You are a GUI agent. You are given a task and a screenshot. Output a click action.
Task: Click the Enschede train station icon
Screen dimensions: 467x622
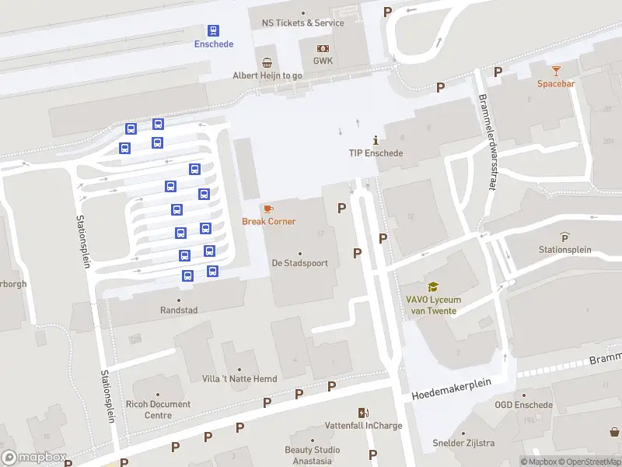click(x=213, y=30)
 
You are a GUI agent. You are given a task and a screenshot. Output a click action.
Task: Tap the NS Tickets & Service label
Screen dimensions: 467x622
click(x=303, y=23)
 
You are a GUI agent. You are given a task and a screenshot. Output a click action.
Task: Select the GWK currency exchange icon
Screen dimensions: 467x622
click(x=323, y=48)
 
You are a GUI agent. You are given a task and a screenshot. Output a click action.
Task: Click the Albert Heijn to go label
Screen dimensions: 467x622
click(x=267, y=75)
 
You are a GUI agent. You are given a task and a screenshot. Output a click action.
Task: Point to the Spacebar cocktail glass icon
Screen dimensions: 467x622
click(x=556, y=71)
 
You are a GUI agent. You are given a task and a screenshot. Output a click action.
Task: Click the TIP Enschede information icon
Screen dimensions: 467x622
click(x=376, y=140)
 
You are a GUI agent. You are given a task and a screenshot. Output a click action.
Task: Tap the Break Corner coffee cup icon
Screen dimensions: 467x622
click(x=268, y=209)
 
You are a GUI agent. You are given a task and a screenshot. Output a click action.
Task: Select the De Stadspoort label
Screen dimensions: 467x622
click(x=299, y=263)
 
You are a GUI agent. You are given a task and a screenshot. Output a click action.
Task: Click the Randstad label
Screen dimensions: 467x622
click(x=179, y=310)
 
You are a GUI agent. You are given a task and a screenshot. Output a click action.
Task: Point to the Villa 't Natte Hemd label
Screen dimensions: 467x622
click(x=239, y=379)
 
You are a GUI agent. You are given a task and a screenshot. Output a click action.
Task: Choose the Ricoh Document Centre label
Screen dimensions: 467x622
click(x=157, y=409)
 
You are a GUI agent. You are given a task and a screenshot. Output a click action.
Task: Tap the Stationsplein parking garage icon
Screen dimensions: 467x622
click(x=564, y=237)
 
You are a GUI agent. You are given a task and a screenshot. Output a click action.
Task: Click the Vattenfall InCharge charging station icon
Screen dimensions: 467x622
click(x=363, y=413)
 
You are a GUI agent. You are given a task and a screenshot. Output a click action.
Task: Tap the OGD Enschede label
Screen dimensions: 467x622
click(x=523, y=405)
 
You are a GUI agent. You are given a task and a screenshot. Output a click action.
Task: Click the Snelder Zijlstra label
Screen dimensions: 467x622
click(x=463, y=444)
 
